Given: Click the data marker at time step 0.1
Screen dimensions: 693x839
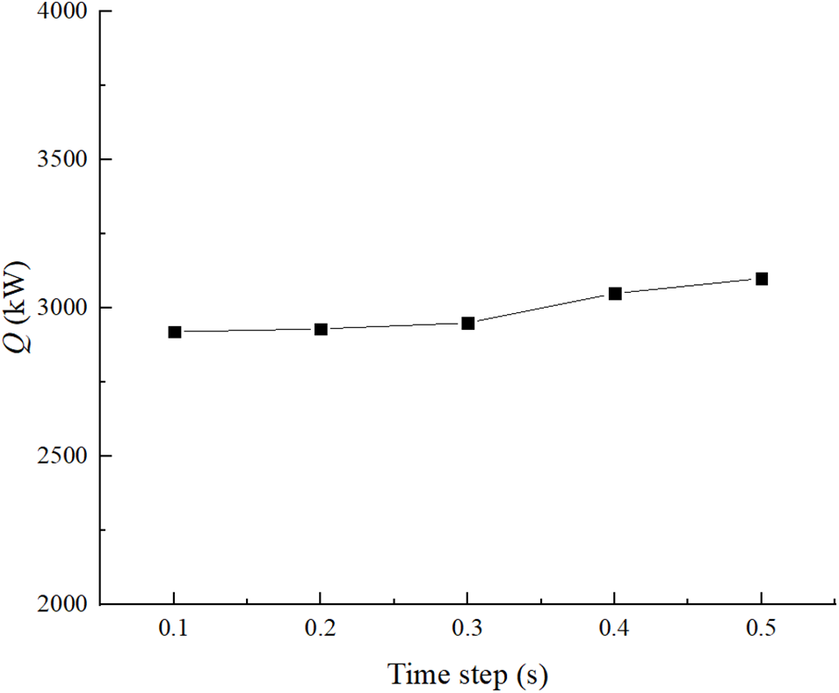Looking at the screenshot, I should (175, 332).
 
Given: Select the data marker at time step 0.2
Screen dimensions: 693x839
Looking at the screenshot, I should (321, 329).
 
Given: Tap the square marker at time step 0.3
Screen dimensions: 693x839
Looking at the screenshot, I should (468, 323).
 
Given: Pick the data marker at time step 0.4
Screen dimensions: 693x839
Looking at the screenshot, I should (615, 293).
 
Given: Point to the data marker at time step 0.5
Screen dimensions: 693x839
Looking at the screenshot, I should (762, 279).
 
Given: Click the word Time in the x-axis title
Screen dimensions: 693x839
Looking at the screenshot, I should (418, 675).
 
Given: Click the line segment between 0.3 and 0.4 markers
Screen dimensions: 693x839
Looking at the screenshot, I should (541, 308).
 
